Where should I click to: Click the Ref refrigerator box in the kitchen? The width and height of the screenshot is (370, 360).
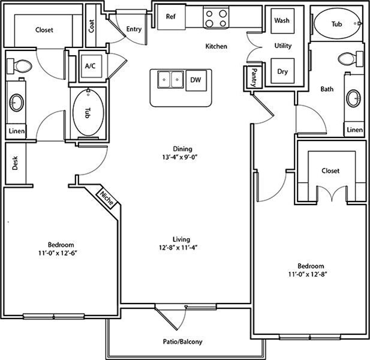pyautogui.click(x=172, y=17)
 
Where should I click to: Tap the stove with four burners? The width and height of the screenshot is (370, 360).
pyautogui.click(x=216, y=18)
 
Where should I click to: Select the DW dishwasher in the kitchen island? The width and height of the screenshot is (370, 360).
pyautogui.click(x=196, y=80)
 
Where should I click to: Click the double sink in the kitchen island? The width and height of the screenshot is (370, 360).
pyautogui.click(x=170, y=80)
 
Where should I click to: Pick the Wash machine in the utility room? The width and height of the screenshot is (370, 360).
pyautogui.click(x=282, y=21)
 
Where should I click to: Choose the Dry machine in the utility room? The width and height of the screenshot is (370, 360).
pyautogui.click(x=282, y=71)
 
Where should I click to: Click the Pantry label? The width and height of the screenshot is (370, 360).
pyautogui.click(x=254, y=77)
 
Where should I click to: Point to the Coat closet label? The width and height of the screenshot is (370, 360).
pyautogui.click(x=91, y=26)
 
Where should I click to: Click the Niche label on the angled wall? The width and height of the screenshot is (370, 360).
pyautogui.click(x=107, y=198)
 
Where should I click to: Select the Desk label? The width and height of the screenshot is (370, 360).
pyautogui.click(x=15, y=163)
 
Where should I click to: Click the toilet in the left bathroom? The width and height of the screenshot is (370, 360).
pyautogui.click(x=19, y=66)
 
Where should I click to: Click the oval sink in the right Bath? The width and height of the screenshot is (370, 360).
pyautogui.click(x=353, y=98)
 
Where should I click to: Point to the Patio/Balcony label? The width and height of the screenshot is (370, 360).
pyautogui.click(x=183, y=341)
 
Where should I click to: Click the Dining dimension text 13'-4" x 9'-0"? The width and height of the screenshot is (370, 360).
pyautogui.click(x=179, y=157)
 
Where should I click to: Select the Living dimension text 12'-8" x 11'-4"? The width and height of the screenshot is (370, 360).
pyautogui.click(x=178, y=248)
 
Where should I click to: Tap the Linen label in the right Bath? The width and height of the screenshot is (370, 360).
pyautogui.click(x=355, y=130)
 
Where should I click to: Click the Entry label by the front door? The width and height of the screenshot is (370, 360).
pyautogui.click(x=134, y=29)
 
